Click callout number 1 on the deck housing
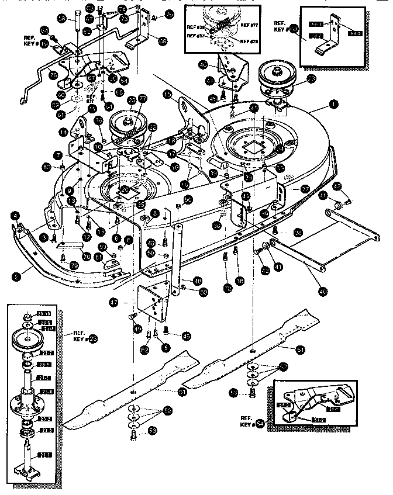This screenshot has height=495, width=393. [334, 103]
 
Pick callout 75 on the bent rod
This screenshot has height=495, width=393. [52, 75]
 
